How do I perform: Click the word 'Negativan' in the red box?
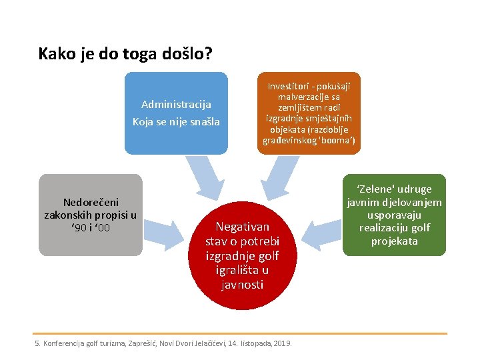click(243, 227)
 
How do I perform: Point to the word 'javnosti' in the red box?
click(243, 285)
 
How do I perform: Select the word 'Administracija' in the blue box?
click(176, 105)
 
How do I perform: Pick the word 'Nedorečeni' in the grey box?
click(91, 202)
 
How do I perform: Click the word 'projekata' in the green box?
click(394, 241)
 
